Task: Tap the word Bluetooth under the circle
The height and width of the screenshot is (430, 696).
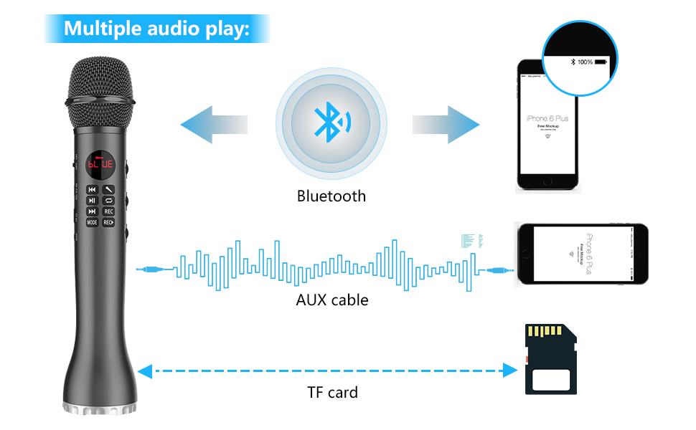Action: coord(331,196)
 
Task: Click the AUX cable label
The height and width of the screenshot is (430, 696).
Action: coord(332,300)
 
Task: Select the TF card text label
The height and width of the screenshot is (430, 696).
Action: coord(332,392)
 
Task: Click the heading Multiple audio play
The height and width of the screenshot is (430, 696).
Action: coord(156,29)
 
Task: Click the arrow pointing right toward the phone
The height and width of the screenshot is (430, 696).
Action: coord(445,124)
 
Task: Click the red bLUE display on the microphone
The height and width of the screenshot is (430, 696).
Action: coord(100,164)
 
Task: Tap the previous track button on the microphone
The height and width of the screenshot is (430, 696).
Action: coord(93,190)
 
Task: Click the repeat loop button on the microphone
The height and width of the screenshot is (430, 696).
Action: coord(108,201)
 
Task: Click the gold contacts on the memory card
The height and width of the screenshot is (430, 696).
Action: coord(545,332)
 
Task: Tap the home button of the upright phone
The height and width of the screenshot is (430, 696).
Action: coord(547,182)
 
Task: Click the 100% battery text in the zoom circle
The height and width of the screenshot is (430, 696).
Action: coord(585,62)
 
